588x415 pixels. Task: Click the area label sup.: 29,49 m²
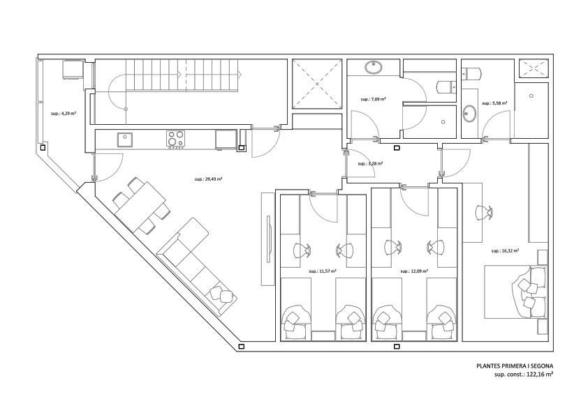click(209, 179)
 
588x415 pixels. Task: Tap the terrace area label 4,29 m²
click(64, 112)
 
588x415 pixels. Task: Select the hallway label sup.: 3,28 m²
click(371, 163)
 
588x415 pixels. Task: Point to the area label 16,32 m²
click(505, 250)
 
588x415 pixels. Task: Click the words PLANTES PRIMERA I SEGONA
click(515, 365)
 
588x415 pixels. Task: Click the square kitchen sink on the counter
click(125, 139)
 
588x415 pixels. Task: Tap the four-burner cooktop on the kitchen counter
click(176, 139)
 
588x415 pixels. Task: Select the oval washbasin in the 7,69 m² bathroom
click(374, 68)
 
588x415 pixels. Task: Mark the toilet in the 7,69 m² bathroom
click(445, 86)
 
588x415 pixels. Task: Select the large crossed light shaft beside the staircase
click(316, 84)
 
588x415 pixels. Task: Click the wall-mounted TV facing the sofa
click(268, 239)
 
